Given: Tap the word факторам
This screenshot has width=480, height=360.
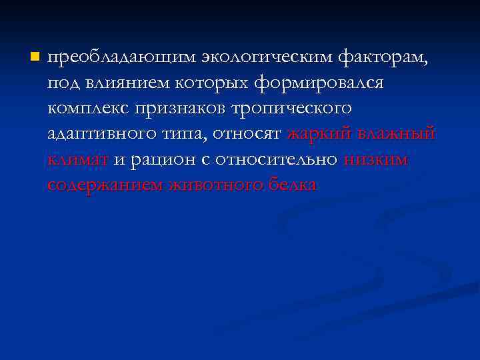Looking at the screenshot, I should click(x=383, y=59).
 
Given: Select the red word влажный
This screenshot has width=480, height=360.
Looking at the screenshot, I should click(x=397, y=134).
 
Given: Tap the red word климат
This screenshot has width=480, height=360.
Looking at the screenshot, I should click(x=78, y=159).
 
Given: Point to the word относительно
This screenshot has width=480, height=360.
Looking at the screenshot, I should click(x=277, y=159).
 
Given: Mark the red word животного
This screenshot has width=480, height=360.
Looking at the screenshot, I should click(x=211, y=185).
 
